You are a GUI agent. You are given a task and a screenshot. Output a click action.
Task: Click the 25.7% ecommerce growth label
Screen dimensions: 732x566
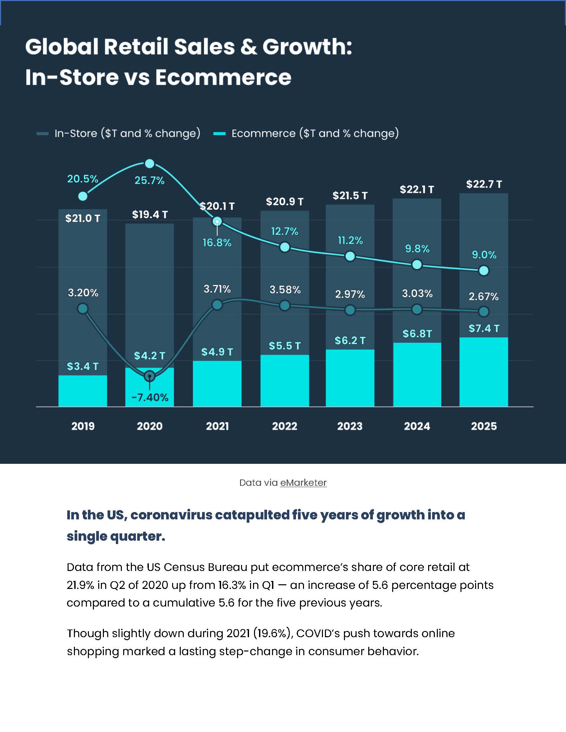point(149,181)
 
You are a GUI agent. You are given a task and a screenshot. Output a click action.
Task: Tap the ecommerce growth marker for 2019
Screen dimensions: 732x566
point(83,196)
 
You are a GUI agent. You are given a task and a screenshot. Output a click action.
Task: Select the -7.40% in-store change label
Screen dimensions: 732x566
point(149,398)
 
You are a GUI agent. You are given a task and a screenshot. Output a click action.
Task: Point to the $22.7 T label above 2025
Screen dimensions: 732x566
point(484,184)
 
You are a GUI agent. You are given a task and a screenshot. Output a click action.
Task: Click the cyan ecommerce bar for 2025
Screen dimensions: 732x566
point(483,372)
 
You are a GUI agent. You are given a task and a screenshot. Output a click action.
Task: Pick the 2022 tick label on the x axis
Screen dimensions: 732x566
point(284,426)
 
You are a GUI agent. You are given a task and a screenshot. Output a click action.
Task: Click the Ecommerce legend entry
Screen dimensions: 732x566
point(306,133)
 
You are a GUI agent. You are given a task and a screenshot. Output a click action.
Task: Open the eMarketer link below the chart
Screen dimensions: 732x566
point(303,483)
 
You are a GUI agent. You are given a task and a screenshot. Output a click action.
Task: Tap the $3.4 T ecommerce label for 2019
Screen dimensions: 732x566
point(83,366)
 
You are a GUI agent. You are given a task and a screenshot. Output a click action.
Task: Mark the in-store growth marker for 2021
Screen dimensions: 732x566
point(217,305)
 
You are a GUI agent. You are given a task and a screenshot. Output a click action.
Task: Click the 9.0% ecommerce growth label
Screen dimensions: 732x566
point(484,255)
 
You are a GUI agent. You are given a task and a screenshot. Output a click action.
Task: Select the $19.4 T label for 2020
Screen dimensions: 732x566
point(149,215)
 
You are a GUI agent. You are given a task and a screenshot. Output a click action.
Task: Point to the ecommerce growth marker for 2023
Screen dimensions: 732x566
point(350,257)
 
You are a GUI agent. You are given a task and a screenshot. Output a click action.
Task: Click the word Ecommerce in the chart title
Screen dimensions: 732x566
point(223,78)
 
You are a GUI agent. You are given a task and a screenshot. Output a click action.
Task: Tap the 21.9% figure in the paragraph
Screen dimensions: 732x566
point(81,585)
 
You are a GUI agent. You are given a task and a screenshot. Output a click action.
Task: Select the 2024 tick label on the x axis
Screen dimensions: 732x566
point(417,426)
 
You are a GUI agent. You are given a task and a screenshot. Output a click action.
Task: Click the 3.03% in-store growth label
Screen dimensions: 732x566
point(417,293)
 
